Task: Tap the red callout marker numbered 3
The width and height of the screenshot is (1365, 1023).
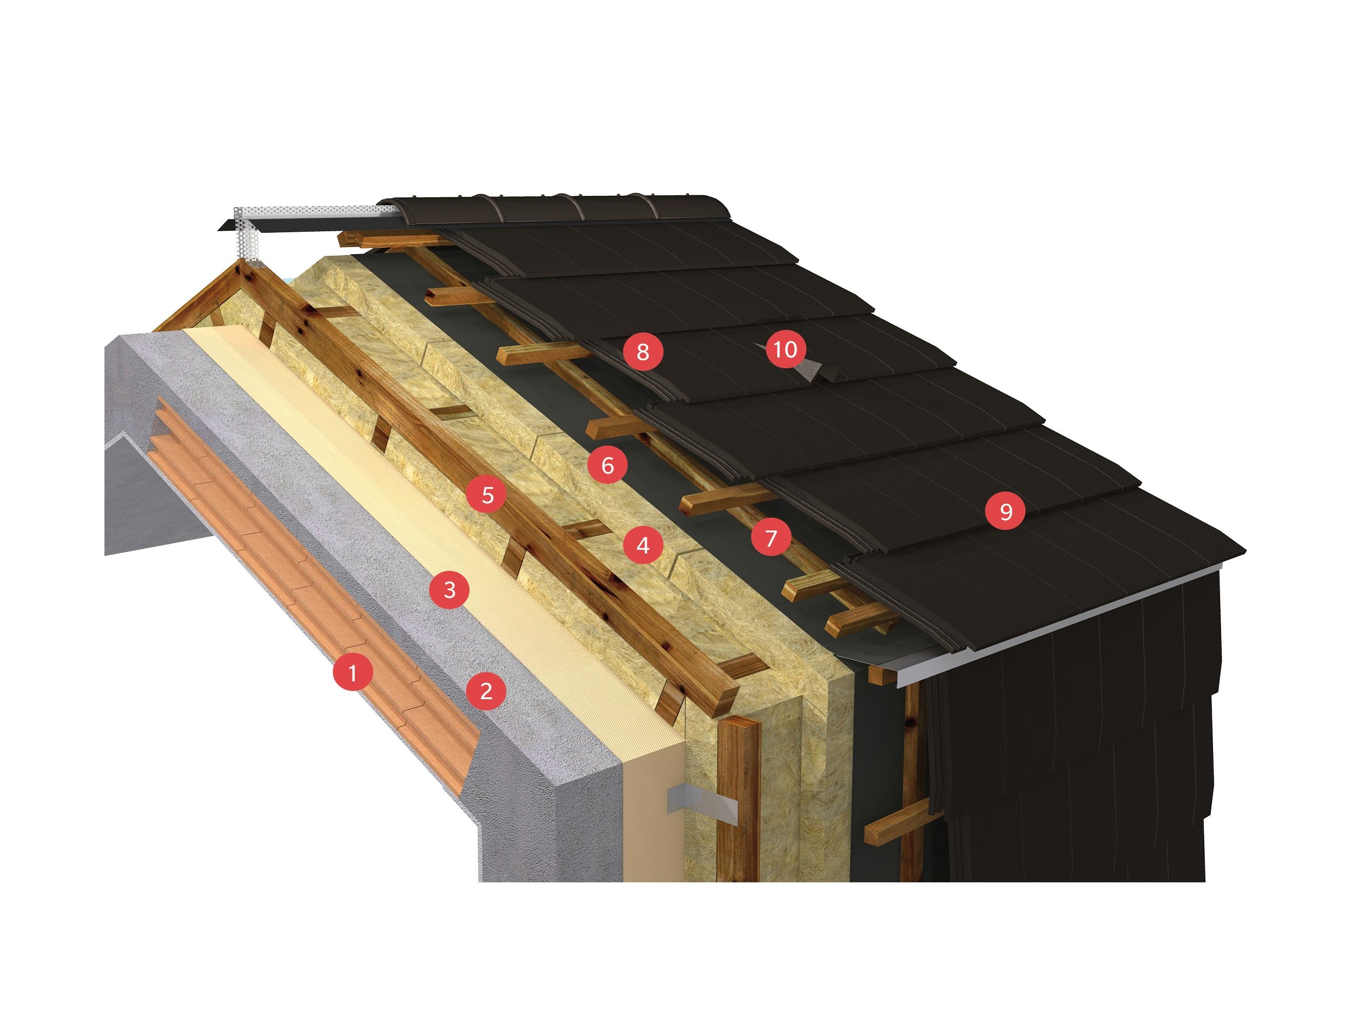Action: coord(449,590)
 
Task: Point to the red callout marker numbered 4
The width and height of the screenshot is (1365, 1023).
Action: coord(643,545)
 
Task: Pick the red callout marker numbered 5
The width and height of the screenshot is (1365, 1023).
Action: coord(487,495)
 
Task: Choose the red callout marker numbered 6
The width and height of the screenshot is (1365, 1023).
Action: coord(607,465)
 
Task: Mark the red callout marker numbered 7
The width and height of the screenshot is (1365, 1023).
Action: coord(771,538)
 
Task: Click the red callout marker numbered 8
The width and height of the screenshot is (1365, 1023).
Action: coord(643,351)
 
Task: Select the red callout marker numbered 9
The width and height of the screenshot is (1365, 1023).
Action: coord(1005,510)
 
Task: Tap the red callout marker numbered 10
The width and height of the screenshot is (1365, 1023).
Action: coord(785,350)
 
